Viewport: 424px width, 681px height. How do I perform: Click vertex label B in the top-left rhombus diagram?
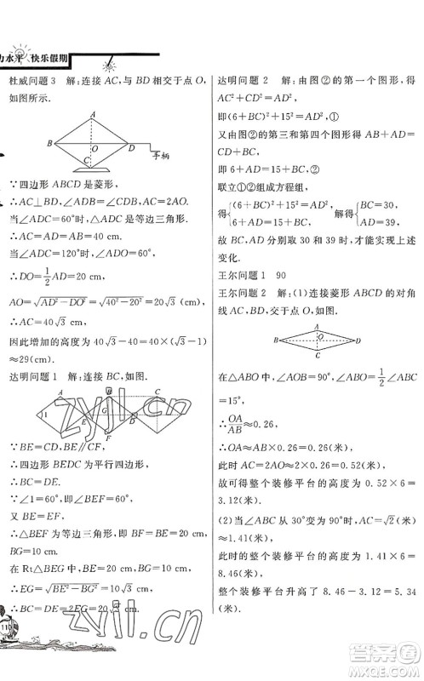point(50,143)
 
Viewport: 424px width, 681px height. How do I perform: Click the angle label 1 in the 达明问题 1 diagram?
point(42,414)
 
